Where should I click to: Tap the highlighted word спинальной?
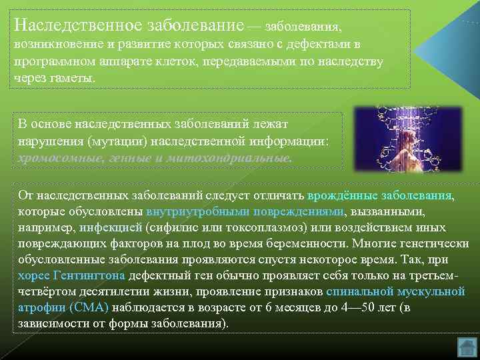point(360,291)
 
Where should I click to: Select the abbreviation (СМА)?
point(89,307)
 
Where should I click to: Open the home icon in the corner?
point(468,347)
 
